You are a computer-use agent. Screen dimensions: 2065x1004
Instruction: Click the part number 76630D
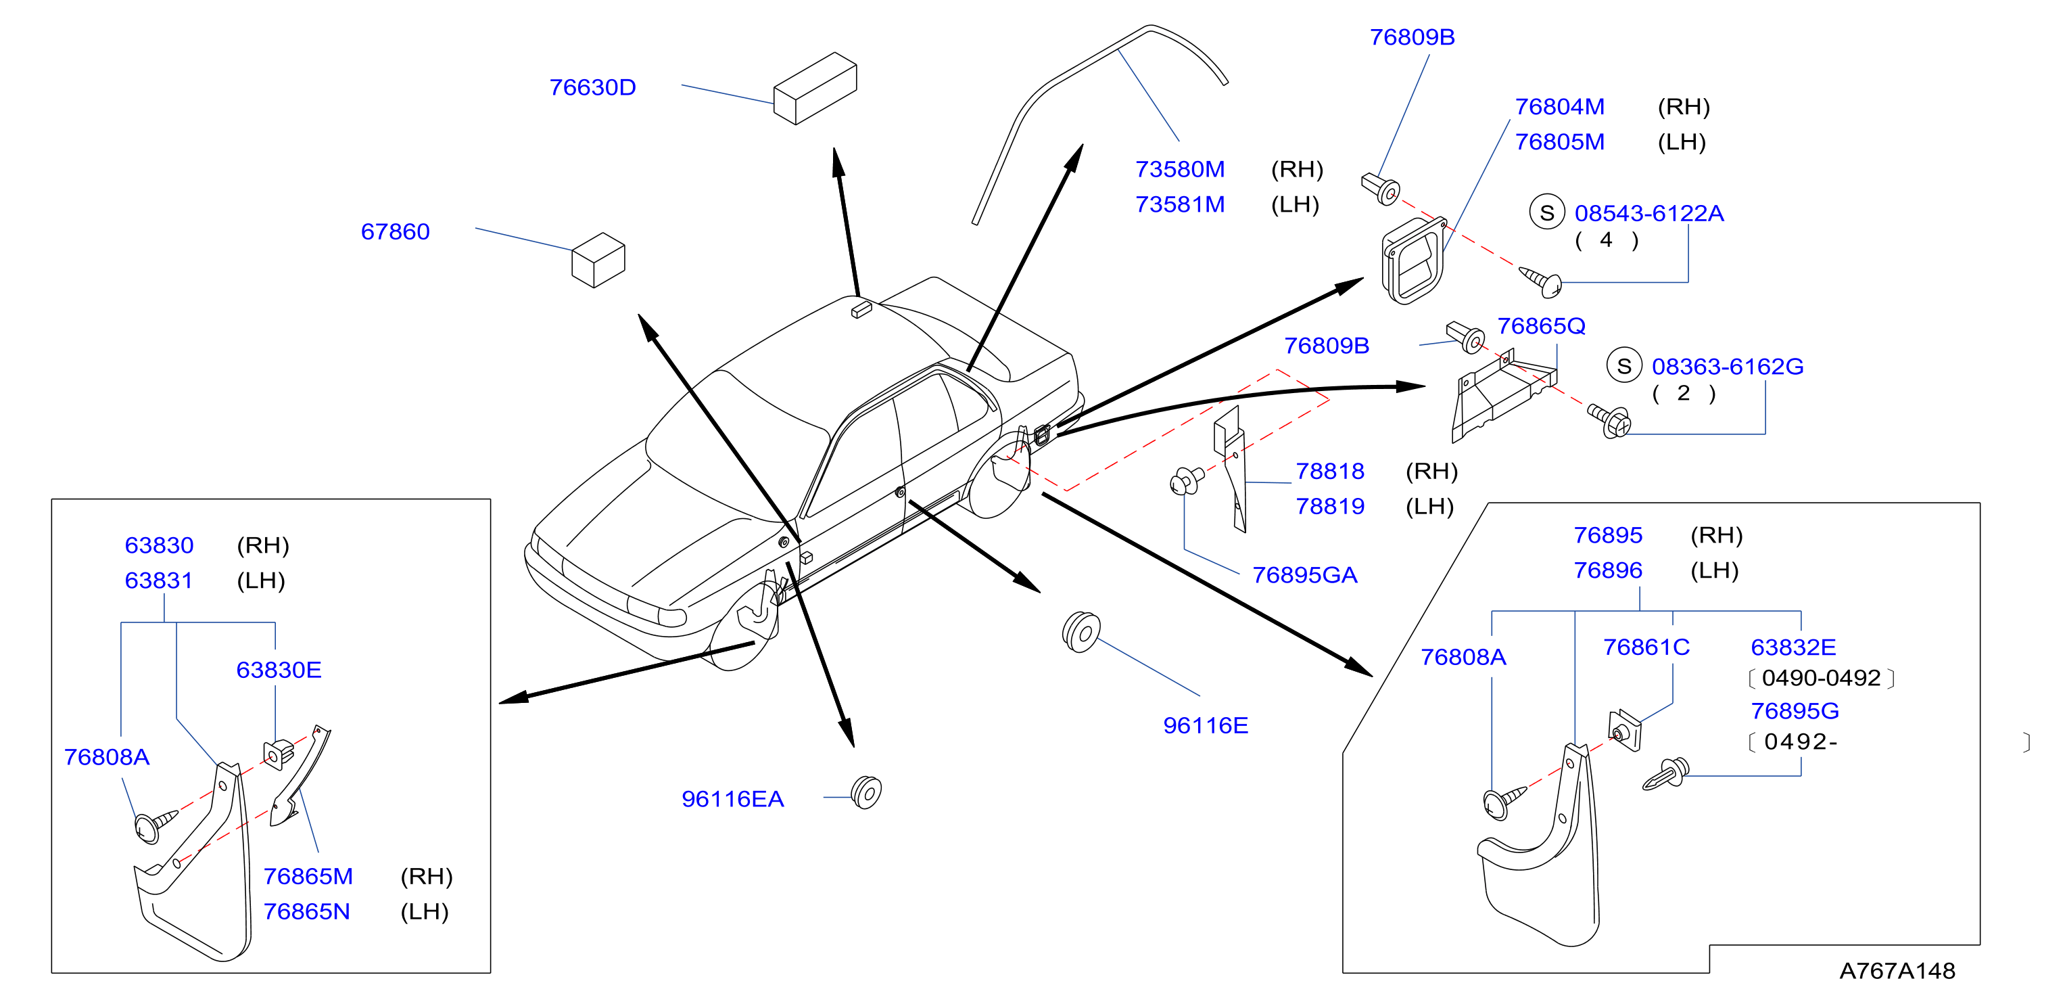tap(592, 87)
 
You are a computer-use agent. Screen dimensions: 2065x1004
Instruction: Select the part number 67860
tap(395, 232)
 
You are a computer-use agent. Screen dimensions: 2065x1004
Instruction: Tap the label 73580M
tap(1180, 169)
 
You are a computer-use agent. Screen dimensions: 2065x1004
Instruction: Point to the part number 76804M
tap(1560, 107)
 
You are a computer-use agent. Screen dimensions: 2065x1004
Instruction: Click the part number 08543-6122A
tap(1649, 213)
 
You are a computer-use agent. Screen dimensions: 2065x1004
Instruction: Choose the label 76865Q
tap(1542, 326)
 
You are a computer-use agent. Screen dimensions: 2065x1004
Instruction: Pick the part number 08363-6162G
tap(1728, 367)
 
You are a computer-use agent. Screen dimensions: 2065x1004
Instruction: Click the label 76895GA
tap(1305, 575)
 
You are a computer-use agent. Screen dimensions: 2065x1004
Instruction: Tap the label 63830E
tap(279, 670)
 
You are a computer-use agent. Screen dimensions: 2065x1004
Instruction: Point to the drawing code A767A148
tap(1897, 971)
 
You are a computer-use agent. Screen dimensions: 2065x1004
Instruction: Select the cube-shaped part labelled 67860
tap(598, 260)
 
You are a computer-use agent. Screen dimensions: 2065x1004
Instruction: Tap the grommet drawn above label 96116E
tap(1081, 632)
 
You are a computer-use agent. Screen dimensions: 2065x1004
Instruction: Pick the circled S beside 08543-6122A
tap(1547, 212)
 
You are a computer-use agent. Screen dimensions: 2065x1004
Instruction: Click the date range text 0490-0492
tap(1822, 679)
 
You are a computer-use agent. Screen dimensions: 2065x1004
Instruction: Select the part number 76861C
tap(1646, 647)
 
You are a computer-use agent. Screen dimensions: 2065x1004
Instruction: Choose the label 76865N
tap(307, 912)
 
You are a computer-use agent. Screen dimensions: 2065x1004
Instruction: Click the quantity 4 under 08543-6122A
tap(1607, 239)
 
